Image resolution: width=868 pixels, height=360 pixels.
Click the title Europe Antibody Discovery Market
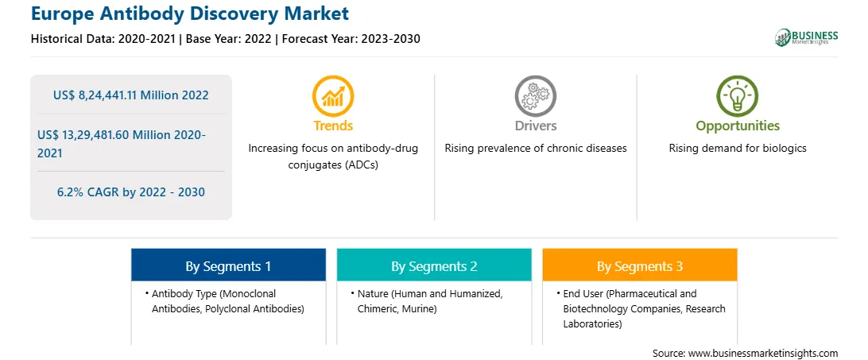coord(190,14)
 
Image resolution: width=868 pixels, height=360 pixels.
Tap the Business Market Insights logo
coord(807,37)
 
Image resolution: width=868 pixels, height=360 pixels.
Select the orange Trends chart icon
coord(333,96)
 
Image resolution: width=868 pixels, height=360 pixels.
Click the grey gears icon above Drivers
coord(535,96)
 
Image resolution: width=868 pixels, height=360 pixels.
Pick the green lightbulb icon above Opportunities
coord(738,96)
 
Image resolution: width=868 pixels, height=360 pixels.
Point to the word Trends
coord(333,126)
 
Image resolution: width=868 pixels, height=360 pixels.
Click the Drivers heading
coord(536,126)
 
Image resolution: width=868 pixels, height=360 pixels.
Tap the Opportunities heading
coord(738,126)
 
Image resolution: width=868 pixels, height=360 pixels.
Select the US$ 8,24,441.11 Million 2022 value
coord(131,95)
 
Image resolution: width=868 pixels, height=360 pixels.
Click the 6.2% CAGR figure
coord(131,192)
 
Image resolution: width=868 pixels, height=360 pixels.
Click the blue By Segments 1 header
coord(229,266)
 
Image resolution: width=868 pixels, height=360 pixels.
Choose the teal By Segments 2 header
coord(434,266)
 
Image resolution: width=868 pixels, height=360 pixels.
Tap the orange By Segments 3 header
coord(640,266)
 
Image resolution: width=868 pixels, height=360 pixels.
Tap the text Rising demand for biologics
coord(738,149)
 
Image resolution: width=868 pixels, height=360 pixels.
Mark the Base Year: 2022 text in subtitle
coord(230,39)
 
